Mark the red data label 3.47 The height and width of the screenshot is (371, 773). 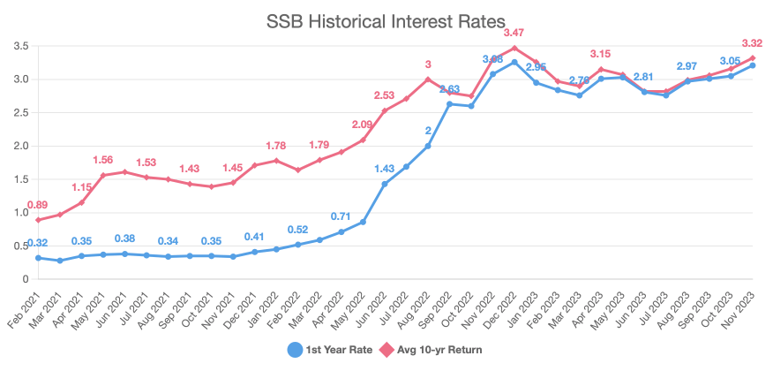(x=514, y=33)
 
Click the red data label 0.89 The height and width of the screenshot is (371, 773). (x=38, y=205)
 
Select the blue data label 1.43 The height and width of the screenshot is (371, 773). (x=385, y=169)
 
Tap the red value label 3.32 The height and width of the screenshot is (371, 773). (x=752, y=43)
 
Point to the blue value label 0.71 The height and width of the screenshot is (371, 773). (x=341, y=216)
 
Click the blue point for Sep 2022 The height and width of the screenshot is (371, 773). (x=449, y=104)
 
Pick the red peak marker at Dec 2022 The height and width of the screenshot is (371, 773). (x=514, y=48)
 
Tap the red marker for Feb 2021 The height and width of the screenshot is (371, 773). (x=38, y=220)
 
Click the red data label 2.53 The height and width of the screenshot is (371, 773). (x=385, y=95)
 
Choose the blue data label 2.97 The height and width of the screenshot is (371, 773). (x=687, y=66)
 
